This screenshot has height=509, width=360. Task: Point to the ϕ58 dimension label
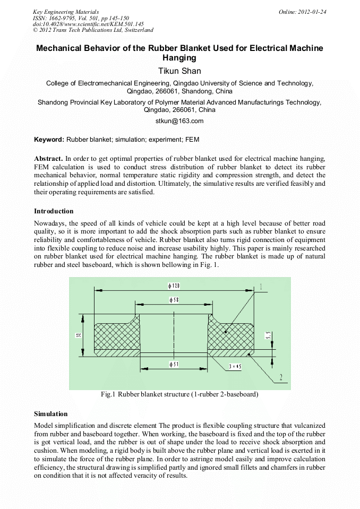(174, 300)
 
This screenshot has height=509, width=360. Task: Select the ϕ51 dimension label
(174, 364)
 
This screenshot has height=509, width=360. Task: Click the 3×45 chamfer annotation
(234, 366)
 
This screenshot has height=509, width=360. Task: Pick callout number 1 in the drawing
(260, 287)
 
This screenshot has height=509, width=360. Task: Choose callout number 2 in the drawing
(281, 378)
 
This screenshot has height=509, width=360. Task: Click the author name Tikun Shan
(180, 71)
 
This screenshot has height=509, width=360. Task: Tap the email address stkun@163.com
(179, 121)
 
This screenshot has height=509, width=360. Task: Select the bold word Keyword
(48, 140)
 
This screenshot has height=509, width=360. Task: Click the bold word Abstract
(48, 158)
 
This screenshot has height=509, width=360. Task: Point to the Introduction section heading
(54, 211)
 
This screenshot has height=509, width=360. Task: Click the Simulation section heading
(51, 413)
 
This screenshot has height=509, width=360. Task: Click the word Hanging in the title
(179, 58)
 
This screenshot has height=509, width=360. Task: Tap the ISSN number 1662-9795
(62, 18)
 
